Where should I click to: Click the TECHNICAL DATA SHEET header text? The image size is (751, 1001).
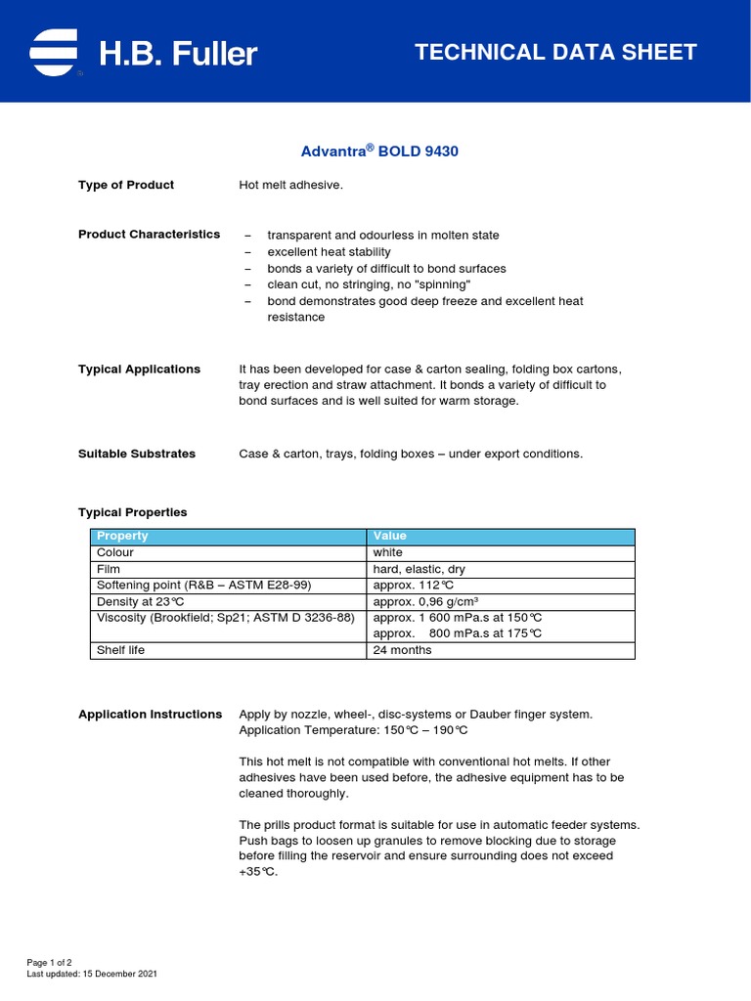[555, 53]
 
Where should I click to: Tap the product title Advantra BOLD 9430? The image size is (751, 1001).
[378, 152]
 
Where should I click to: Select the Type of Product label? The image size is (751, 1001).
[126, 185]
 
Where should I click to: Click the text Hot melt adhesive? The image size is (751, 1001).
[291, 185]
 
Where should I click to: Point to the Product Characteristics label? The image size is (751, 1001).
[149, 235]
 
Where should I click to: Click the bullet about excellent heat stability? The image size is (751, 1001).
[329, 252]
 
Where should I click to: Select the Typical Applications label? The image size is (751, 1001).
[139, 370]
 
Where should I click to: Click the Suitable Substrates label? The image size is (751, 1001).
[137, 454]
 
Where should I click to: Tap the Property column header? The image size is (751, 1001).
[122, 536]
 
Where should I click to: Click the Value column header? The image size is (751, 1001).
[389, 536]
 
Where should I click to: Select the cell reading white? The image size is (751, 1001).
[387, 552]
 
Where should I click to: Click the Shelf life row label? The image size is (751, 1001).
[120, 650]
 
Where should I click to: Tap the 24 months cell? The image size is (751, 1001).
[402, 650]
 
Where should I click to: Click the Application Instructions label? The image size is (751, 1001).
[150, 715]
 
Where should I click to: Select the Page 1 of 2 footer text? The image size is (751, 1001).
[50, 963]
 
